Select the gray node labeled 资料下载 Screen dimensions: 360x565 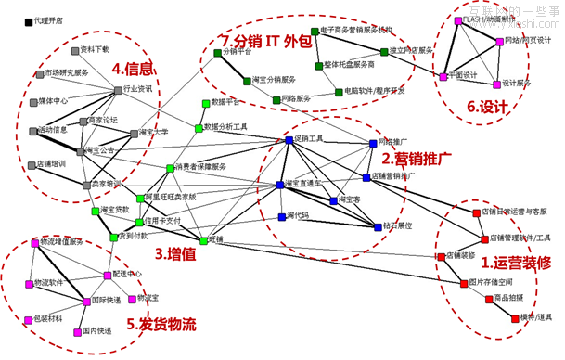tap(76, 49)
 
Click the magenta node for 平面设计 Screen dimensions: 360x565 tap(443, 76)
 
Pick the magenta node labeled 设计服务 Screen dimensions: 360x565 tap(496, 84)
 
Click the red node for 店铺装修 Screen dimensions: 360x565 tap(442, 256)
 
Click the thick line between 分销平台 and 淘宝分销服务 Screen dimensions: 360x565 tap(217, 67)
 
